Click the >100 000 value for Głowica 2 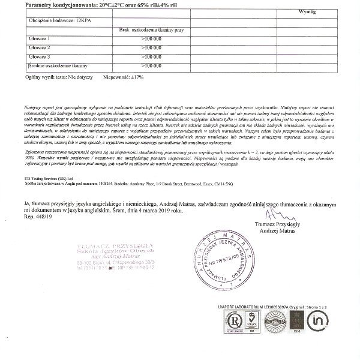coord(151,47)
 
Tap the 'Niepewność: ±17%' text coord(124,77)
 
